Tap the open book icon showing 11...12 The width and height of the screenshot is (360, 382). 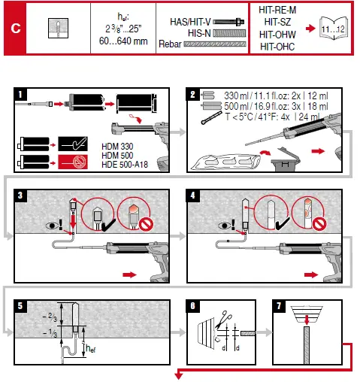328,28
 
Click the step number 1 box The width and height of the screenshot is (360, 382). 21,94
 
